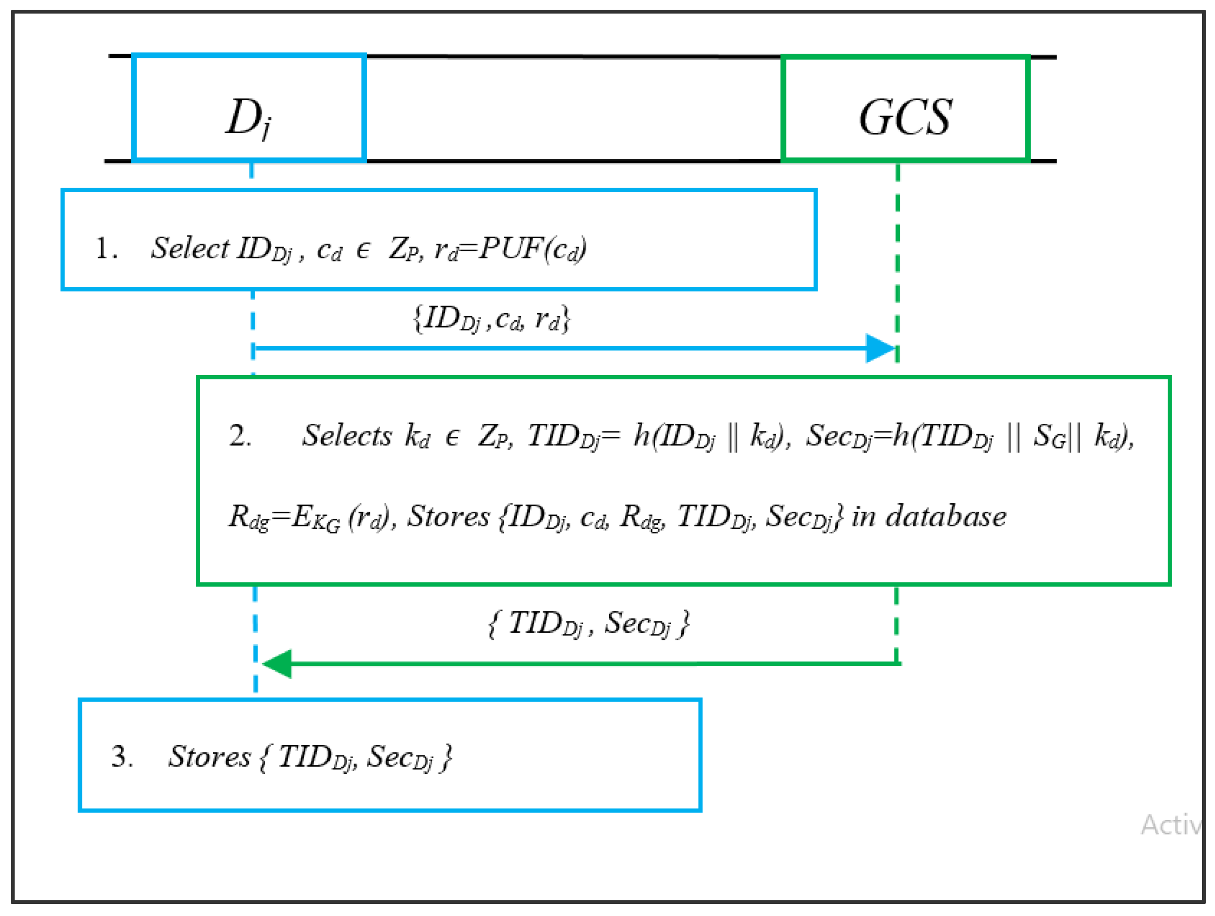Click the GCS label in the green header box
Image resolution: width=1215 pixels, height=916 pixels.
[905, 117]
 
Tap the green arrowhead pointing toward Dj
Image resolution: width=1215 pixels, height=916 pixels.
[278, 664]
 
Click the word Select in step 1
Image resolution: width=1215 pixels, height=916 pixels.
[190, 248]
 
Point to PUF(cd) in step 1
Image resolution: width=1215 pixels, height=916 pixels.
[532, 249]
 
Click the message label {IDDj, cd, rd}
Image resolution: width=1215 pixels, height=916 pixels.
[491, 319]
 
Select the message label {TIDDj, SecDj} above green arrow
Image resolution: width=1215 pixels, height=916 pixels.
[589, 624]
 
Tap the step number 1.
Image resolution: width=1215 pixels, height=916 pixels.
[105, 248]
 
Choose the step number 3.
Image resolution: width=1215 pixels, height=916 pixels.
[122, 756]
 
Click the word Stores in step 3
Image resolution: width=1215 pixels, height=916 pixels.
[209, 756]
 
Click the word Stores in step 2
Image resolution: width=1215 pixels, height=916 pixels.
[447, 517]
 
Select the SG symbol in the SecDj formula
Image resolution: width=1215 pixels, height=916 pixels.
[1049, 436]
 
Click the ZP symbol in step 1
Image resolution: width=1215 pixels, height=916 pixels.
[404, 249]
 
